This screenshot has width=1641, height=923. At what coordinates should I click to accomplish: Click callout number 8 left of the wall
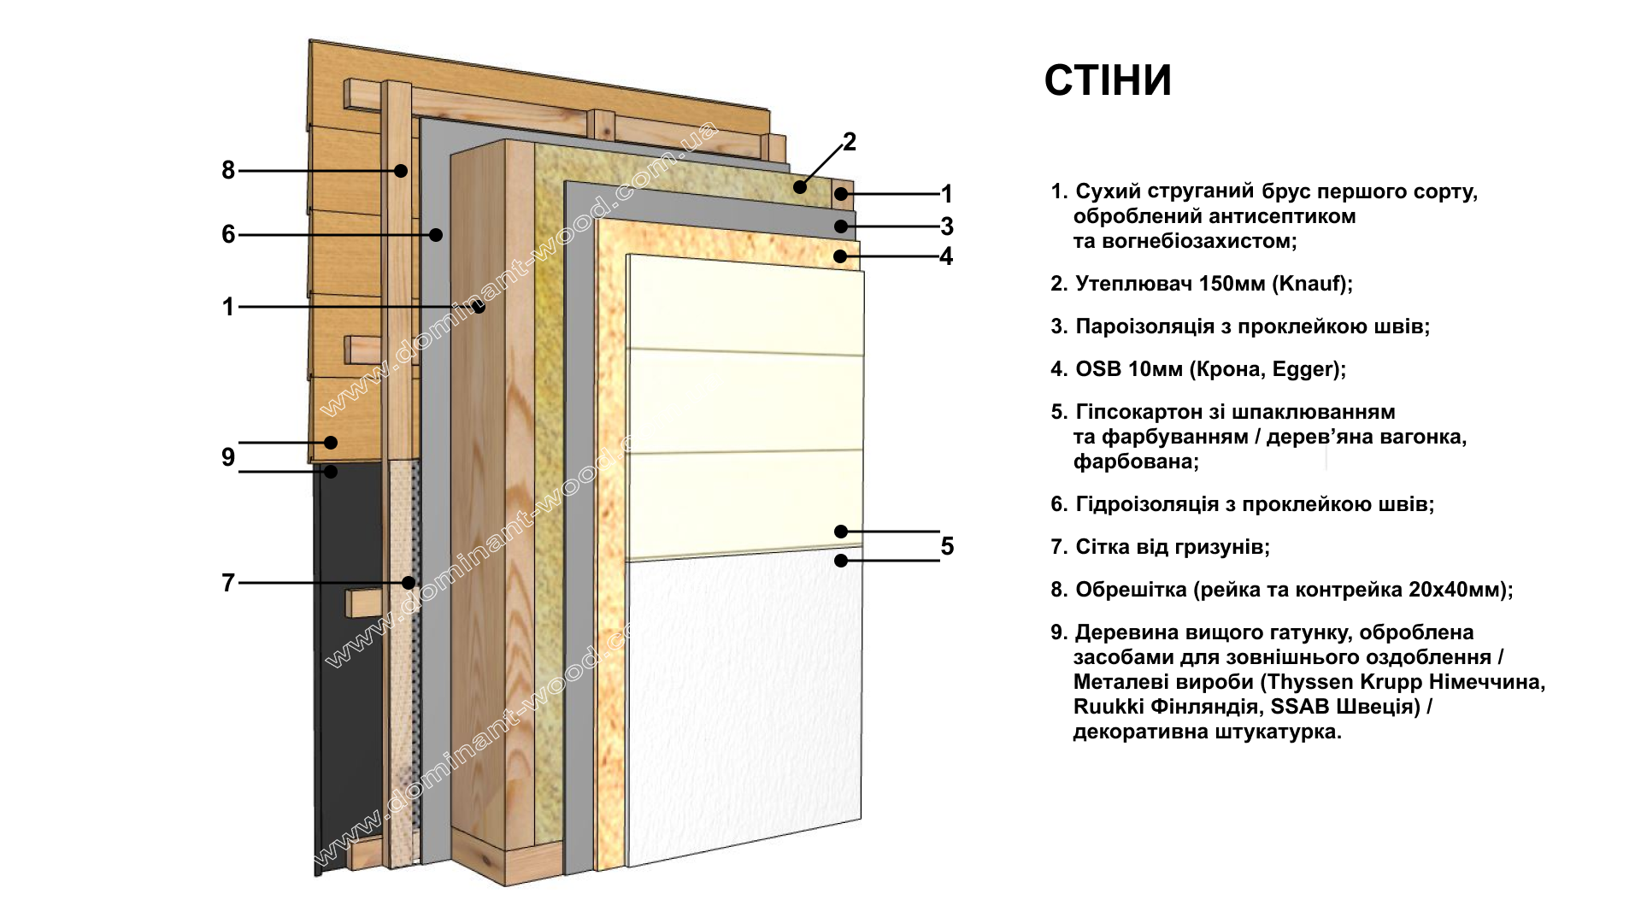(x=228, y=170)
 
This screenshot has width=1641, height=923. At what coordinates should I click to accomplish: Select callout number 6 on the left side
(x=228, y=234)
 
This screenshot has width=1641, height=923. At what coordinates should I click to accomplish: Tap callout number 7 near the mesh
(x=228, y=583)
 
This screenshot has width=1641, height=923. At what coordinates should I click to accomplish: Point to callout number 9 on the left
(x=228, y=457)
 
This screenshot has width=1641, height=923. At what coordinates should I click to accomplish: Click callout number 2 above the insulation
(x=849, y=142)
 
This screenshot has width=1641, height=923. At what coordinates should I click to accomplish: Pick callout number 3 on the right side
(x=946, y=226)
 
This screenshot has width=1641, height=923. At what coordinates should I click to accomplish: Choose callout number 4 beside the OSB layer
(x=946, y=256)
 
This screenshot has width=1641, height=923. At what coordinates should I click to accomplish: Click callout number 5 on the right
(x=947, y=546)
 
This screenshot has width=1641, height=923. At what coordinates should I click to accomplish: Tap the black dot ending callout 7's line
(x=409, y=583)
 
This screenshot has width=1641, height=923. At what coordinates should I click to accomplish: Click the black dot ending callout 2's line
(x=800, y=186)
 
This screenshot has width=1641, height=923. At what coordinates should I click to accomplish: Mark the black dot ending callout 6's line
(x=436, y=234)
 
